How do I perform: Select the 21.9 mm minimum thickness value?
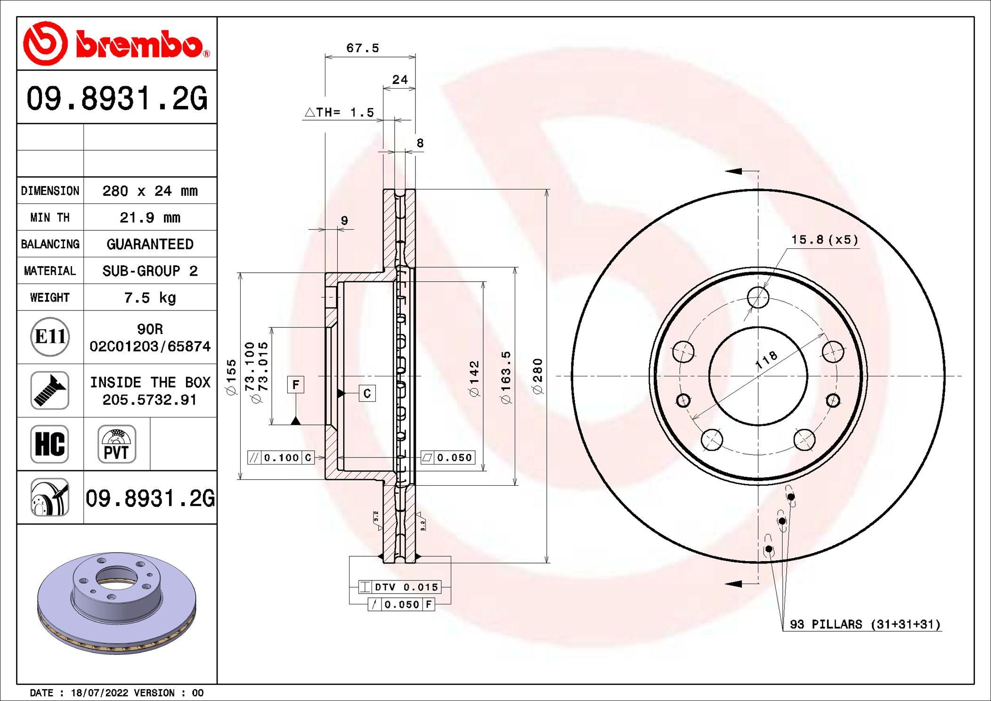click(x=150, y=218)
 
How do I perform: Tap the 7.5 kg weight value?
click(x=150, y=298)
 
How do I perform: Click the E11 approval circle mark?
click(x=50, y=337)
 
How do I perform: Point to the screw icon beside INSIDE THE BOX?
click(x=50, y=391)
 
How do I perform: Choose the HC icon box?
click(x=50, y=444)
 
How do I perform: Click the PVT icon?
click(x=117, y=444)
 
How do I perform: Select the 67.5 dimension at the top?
click(x=363, y=48)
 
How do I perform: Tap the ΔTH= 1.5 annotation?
click(x=340, y=113)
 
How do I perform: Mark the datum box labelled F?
click(x=296, y=385)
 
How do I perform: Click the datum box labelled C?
click(x=367, y=393)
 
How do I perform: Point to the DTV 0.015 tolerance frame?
click(x=400, y=587)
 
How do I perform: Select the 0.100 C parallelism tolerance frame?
click(x=281, y=457)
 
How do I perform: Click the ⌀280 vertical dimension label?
click(x=538, y=376)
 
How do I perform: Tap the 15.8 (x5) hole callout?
click(x=824, y=240)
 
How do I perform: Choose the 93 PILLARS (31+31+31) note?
click(x=865, y=625)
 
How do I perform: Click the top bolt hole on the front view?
click(x=758, y=297)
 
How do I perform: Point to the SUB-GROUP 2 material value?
click(x=150, y=271)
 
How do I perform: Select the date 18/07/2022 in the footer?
click(x=99, y=693)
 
